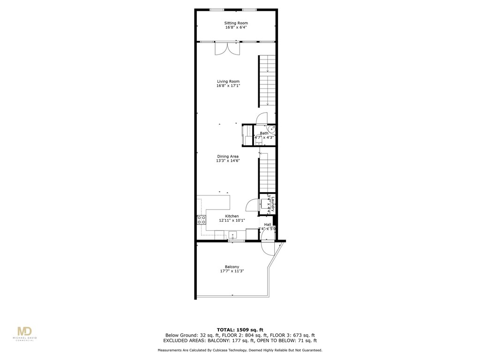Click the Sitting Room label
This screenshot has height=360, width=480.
[x=236, y=23]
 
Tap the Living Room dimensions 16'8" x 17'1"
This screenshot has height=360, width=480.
[x=228, y=86]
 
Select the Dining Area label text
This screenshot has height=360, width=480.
[x=228, y=156]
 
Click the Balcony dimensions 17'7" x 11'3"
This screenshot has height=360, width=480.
[x=232, y=271]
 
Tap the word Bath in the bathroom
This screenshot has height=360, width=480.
[x=264, y=133]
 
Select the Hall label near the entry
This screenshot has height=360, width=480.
[x=268, y=225]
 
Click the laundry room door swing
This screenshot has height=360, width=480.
[x=252, y=205]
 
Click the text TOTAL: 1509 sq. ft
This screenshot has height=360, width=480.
[x=240, y=330]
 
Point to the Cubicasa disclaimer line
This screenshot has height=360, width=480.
[x=240, y=350]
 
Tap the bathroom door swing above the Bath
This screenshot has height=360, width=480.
[x=262, y=119]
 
